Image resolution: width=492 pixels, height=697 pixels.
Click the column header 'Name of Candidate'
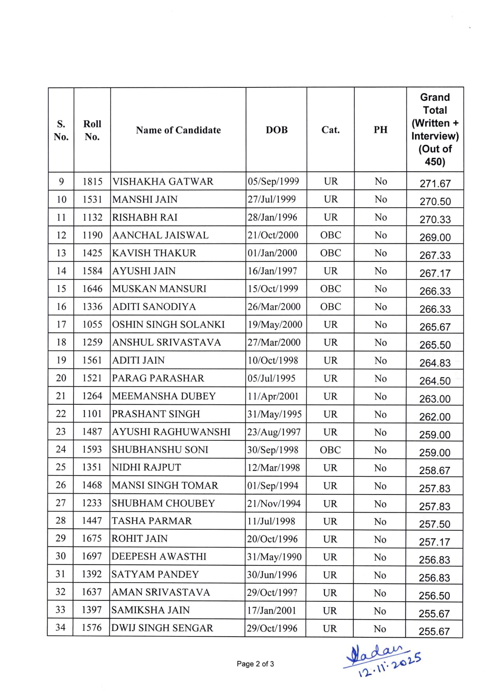click(178, 130)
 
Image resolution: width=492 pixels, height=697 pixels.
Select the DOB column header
click(276, 130)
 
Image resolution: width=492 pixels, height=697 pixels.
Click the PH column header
click(380, 130)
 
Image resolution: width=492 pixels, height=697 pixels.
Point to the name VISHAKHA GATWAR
click(163, 181)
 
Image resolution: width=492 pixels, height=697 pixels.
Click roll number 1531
click(92, 199)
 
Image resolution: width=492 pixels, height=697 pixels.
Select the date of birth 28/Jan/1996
click(272, 217)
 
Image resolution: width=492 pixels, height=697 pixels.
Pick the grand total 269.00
click(435, 237)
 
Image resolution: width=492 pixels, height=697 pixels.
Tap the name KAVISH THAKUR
click(154, 253)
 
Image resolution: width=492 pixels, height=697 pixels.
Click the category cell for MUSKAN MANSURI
click(331, 289)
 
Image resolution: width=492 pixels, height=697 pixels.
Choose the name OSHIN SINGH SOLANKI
click(168, 325)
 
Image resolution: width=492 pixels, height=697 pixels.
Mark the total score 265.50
click(435, 345)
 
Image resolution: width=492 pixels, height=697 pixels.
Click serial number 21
click(61, 396)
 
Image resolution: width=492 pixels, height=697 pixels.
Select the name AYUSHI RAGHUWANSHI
click(171, 432)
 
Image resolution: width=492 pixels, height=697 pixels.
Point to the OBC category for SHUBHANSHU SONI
click(331, 450)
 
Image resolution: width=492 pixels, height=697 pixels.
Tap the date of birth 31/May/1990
click(274, 557)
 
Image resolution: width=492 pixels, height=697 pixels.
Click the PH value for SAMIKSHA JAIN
click(380, 611)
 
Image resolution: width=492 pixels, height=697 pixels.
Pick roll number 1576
click(92, 628)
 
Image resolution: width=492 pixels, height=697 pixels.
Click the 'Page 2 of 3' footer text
click(255, 664)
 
